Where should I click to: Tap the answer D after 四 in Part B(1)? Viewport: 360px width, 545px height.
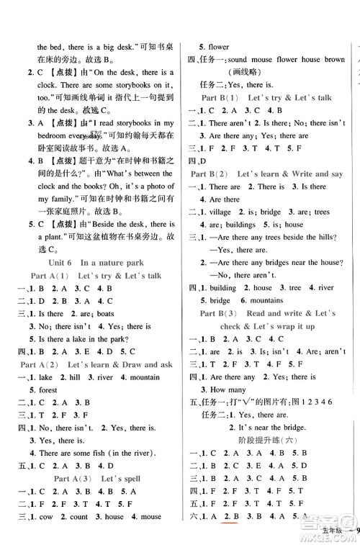pyautogui.click(x=204, y=161)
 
